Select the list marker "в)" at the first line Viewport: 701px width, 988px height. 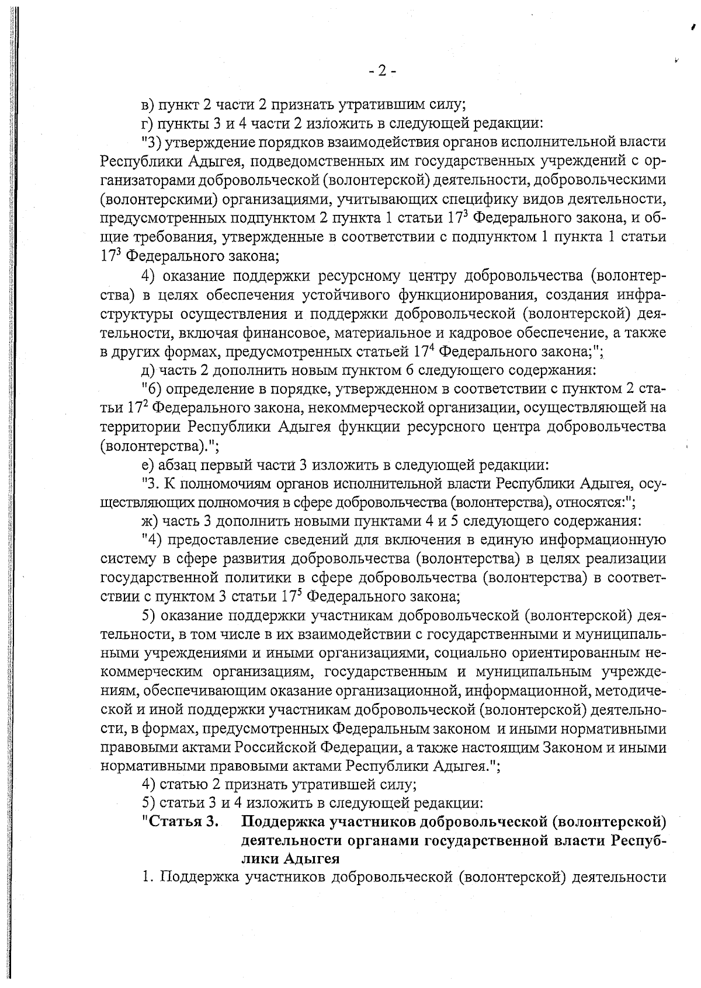(x=150, y=106)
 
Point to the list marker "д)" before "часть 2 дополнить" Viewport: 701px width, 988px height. (x=150, y=370)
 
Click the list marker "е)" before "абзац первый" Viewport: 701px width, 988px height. (x=150, y=465)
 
